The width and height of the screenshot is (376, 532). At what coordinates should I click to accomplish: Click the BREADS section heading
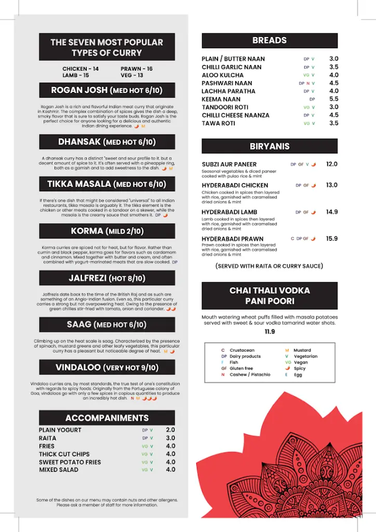click(270, 41)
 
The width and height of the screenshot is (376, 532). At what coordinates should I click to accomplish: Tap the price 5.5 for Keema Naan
click(333, 99)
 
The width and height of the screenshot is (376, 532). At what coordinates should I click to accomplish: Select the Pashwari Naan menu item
click(227, 83)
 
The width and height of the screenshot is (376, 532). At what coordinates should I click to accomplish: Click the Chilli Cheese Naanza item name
click(236, 115)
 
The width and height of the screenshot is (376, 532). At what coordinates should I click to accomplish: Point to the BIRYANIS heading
click(270, 147)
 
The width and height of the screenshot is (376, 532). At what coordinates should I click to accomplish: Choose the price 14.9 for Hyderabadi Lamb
click(331, 212)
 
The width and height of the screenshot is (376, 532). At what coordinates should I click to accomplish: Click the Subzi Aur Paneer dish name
click(230, 165)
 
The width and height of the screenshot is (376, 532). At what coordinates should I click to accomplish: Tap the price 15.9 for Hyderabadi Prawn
click(331, 238)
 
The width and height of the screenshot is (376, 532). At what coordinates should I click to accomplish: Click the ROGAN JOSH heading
click(107, 90)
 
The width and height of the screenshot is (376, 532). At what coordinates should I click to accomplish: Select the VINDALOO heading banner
click(107, 368)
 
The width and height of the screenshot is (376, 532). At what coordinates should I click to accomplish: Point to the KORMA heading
click(107, 231)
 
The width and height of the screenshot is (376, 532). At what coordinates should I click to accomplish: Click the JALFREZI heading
click(107, 278)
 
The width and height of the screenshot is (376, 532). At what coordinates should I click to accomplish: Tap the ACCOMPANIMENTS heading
click(107, 418)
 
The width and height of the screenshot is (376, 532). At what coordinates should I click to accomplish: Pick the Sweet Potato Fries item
click(70, 462)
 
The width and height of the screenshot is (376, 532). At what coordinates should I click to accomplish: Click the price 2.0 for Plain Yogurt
click(170, 430)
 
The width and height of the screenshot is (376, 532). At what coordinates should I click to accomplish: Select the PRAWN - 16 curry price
click(137, 69)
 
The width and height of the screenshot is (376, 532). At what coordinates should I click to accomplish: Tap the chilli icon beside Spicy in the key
click(287, 369)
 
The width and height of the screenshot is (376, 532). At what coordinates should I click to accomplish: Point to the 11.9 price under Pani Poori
click(270, 332)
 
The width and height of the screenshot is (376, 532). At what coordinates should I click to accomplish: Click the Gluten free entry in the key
click(241, 368)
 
